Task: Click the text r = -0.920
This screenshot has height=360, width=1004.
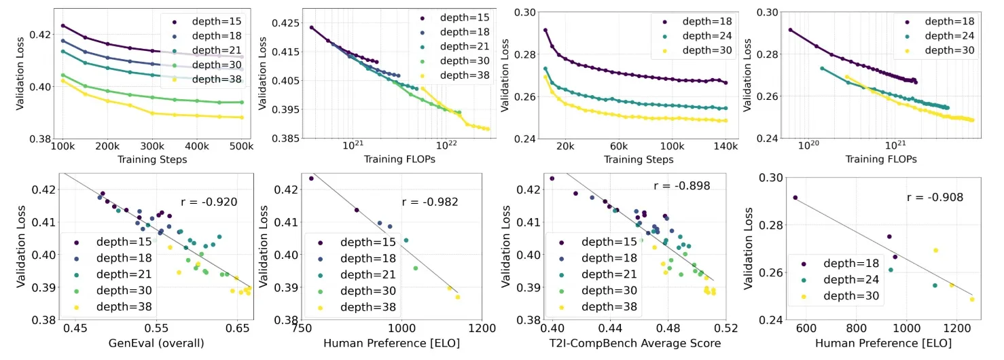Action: coord(210,202)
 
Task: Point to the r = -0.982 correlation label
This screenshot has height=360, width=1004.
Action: coord(431,202)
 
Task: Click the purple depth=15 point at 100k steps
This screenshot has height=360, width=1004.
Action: coord(62,26)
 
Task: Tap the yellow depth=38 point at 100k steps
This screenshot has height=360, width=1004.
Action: coord(62,80)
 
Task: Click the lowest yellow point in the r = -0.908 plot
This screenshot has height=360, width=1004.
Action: coord(971,299)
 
